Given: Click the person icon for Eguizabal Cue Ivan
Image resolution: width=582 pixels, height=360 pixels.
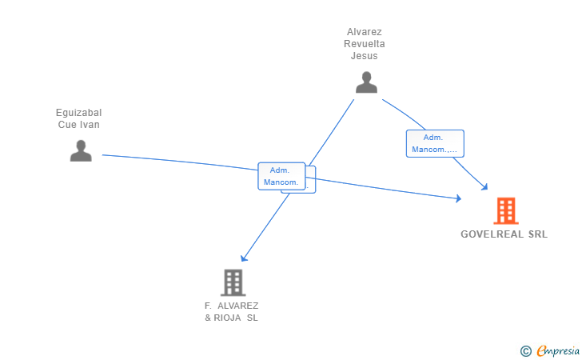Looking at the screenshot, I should pos(81,150).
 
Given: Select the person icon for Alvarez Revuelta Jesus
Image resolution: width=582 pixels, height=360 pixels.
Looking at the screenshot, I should pos(366,82).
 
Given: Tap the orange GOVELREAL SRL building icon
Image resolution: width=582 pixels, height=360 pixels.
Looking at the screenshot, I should pos(506,211).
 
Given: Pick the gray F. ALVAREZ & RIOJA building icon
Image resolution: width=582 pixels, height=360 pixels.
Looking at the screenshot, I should pos(233,282).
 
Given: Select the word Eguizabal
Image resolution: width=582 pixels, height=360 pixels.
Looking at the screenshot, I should pos(79,113).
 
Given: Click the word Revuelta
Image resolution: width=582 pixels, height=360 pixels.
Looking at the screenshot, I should pos(365,44).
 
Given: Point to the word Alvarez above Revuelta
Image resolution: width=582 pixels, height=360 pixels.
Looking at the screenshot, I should pos(365,32).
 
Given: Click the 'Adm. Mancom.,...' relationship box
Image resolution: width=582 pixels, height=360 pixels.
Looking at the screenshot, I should pos(434,143).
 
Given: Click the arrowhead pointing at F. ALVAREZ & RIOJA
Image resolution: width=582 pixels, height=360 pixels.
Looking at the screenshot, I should pos(244,258).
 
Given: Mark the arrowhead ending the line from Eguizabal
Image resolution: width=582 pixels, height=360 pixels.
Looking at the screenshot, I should pos(458,198).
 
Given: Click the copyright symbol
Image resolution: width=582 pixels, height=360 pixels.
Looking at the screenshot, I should pos(525,350).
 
